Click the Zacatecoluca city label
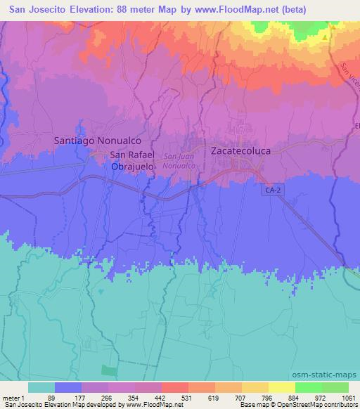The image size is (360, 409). point(242,150)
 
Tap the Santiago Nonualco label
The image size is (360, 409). point(91,141)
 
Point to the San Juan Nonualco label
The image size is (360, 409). point(179,161)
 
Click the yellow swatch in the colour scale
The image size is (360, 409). point(281,387)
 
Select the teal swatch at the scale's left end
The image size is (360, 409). point(41,387)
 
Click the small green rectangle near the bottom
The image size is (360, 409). point(108,371)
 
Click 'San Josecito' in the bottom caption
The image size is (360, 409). point(22,405)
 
